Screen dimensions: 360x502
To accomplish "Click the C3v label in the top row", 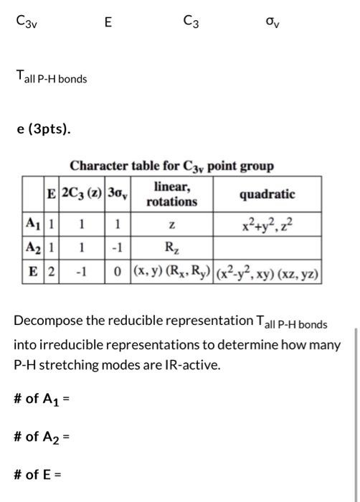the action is click(27, 22).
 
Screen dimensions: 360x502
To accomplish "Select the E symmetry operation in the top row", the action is click(108, 22).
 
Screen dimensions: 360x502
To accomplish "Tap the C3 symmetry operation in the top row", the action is click(191, 22).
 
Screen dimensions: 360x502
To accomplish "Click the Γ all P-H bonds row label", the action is click(52, 77).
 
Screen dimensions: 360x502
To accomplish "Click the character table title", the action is click(171, 166).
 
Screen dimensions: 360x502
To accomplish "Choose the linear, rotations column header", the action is click(171, 194).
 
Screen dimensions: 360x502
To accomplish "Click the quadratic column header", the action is click(267, 194).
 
